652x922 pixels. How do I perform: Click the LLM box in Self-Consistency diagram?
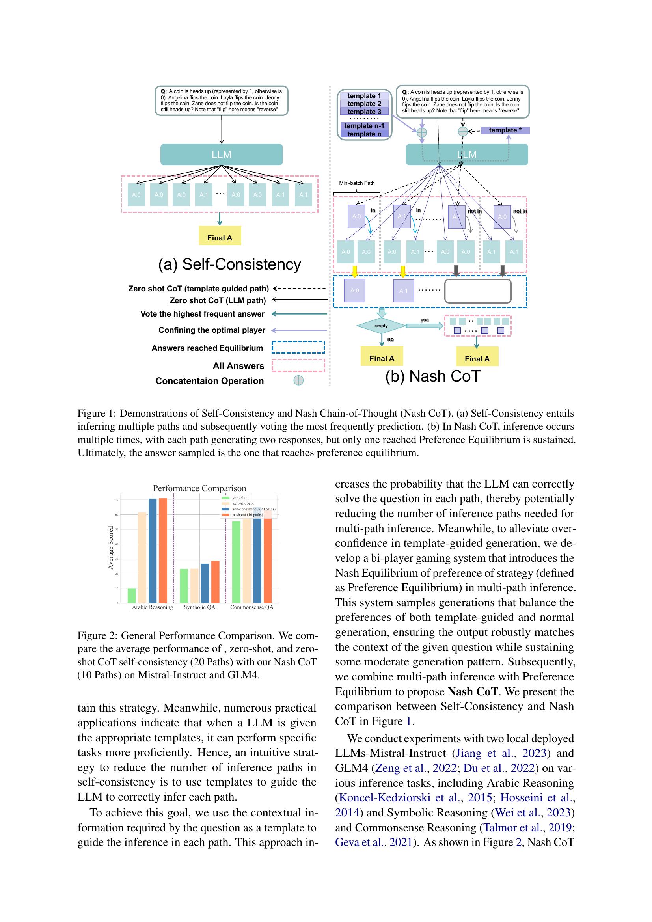click(x=221, y=155)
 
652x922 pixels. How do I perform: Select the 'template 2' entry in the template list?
click(x=364, y=104)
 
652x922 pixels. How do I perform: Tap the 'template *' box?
click(x=505, y=130)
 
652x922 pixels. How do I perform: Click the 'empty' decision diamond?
click(x=381, y=326)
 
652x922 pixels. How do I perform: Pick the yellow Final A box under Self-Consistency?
click(x=220, y=237)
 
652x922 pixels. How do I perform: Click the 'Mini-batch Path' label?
click(x=356, y=183)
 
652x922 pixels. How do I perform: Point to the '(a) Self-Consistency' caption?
click(x=230, y=264)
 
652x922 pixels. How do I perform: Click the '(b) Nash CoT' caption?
click(x=432, y=376)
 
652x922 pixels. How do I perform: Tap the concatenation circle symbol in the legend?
click(x=298, y=380)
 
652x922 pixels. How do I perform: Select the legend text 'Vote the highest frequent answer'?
click(x=202, y=314)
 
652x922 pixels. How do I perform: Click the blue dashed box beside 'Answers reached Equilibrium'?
click(x=298, y=347)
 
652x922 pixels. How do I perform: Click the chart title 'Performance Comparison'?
click(x=199, y=488)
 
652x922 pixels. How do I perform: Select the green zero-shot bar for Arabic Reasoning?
click(x=132, y=596)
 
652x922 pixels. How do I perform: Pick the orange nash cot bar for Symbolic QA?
click(x=216, y=582)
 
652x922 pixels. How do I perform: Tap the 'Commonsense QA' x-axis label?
click(x=252, y=607)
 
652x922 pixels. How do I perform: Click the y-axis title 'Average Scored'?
click(x=111, y=548)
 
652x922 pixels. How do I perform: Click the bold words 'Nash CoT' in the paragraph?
click(x=473, y=691)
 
